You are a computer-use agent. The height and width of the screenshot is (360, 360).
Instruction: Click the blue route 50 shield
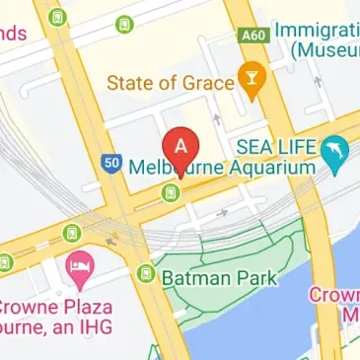pyautogui.click(x=110, y=161)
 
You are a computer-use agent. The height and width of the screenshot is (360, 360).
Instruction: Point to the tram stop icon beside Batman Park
pyautogui.click(x=147, y=272)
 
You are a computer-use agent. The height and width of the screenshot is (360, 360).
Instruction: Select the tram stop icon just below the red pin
pyautogui.click(x=173, y=191)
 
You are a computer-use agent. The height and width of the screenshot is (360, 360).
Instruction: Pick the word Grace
pyautogui.click(x=208, y=81)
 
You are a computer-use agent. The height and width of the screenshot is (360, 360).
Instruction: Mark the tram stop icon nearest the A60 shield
pyautogui.click(x=125, y=23)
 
